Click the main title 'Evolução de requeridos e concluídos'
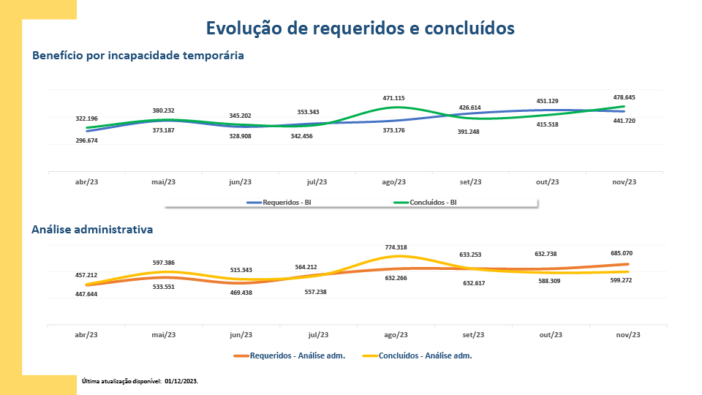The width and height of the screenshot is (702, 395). coord(361,28)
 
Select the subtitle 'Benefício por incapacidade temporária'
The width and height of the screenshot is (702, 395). coord(138,56)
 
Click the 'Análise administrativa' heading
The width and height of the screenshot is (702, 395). coord(92,230)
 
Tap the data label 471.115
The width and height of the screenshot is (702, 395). coord(393,98)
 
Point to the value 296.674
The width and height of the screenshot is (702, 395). coord(86,140)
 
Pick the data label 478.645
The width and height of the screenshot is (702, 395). coord(624,97)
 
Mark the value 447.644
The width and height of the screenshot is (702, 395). coord(86,293)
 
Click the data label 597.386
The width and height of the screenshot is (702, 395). coord(163,263)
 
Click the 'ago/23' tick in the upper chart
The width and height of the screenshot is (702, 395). coord(395,182)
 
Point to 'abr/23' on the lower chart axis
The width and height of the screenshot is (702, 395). coord(86,335)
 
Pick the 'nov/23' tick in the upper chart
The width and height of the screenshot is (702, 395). coord(624,182)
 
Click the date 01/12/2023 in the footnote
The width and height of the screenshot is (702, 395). coord(181,381)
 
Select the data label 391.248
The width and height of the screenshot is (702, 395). coord(469,132)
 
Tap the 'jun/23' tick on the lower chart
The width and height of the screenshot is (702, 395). coord(241,335)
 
